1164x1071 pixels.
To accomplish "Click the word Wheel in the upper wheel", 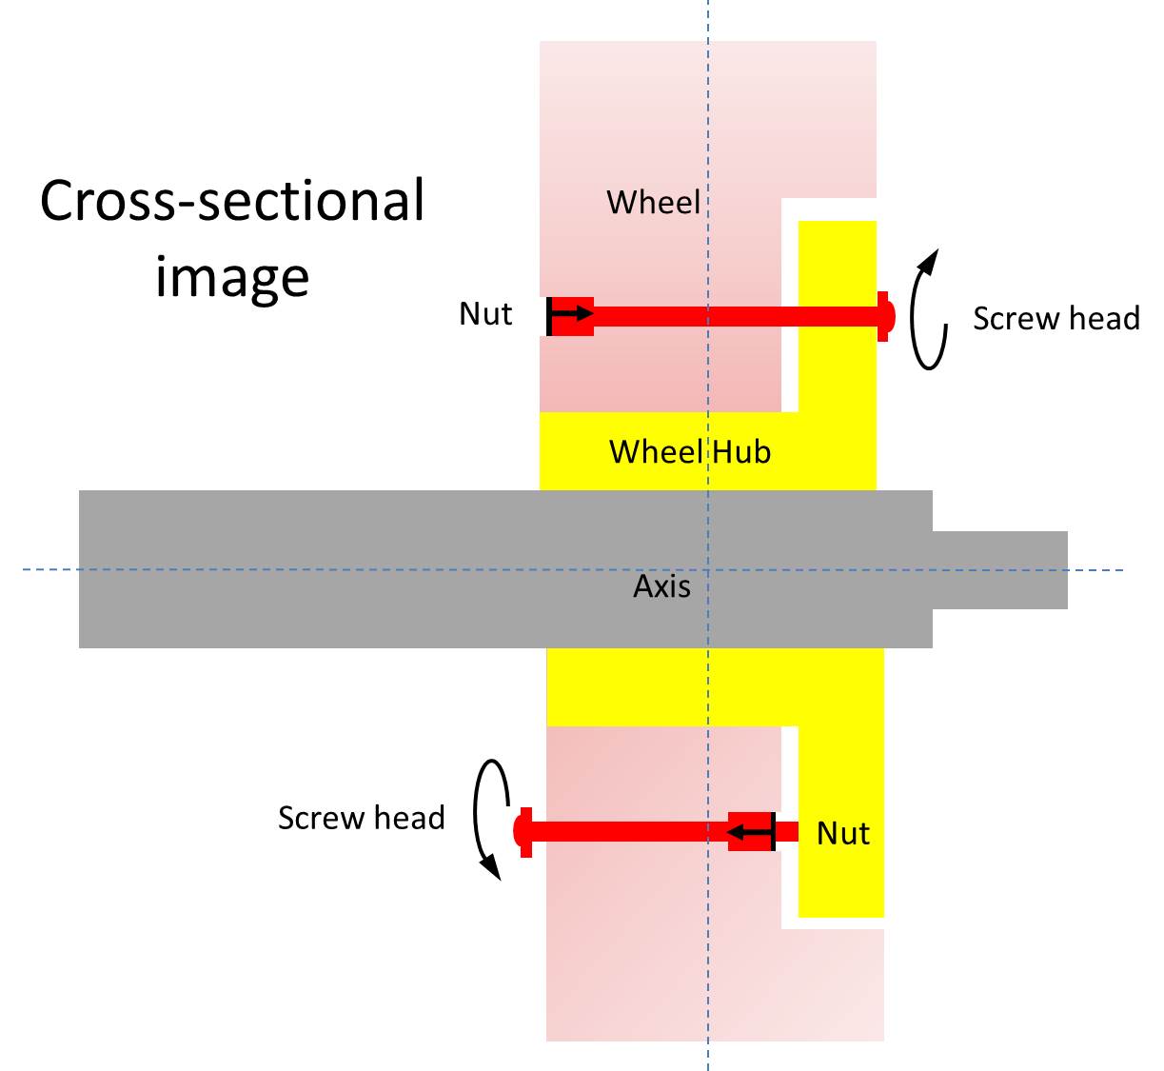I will (x=653, y=203).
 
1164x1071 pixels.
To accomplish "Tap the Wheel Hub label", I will (x=689, y=451).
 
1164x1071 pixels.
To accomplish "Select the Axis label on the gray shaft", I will (x=661, y=585).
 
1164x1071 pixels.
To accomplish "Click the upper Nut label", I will (x=485, y=314).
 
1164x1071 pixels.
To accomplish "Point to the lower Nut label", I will (x=843, y=834).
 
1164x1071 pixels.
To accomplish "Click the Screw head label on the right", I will (x=1055, y=318).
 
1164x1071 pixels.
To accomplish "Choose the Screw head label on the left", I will (x=361, y=818).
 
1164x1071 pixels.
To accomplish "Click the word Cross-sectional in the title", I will (x=232, y=201).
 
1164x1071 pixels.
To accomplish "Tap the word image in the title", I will (x=232, y=277).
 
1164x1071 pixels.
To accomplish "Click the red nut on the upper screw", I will (x=571, y=316).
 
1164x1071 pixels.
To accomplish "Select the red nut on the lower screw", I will (x=752, y=831).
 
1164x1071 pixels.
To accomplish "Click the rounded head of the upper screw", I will (x=886, y=316).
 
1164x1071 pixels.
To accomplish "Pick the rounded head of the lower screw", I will (x=522, y=831).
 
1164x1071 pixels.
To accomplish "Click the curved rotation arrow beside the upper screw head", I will (x=927, y=309).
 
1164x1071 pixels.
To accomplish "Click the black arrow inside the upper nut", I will (x=570, y=314).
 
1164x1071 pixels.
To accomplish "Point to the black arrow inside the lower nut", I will (x=752, y=832).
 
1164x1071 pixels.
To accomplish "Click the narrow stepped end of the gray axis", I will (x=999, y=569).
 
